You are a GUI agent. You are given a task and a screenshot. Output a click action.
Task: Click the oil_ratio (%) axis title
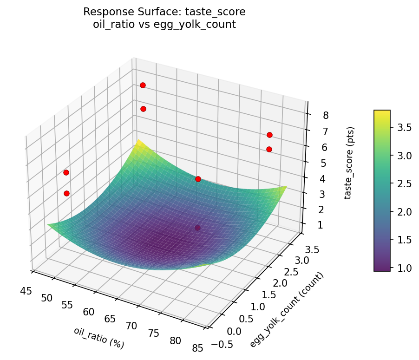(98, 338)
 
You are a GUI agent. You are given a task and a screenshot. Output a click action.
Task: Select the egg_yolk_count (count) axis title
(287, 310)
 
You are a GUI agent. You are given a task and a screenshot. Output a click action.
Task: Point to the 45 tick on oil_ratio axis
(26, 291)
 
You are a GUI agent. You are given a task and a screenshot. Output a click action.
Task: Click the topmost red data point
(143, 85)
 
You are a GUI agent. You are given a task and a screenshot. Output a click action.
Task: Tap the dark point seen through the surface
(198, 228)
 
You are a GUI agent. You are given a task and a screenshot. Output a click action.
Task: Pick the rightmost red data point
(269, 135)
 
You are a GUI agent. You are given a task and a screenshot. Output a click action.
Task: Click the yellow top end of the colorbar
(382, 112)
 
